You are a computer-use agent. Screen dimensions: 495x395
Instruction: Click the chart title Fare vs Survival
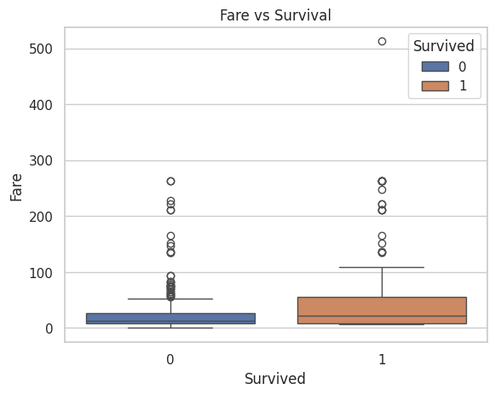275,15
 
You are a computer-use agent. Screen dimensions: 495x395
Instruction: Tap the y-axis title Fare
16,188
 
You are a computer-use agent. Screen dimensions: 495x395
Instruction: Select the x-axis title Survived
275,378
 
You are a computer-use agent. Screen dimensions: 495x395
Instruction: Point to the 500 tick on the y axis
41,49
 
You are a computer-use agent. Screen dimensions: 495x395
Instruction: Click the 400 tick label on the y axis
41,105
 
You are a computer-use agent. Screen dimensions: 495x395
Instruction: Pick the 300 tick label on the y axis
41,161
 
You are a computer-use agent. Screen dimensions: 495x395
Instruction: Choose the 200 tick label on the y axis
41,217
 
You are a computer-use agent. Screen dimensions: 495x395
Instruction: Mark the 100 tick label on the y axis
41,273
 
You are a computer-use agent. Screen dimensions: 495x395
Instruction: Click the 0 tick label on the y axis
49,328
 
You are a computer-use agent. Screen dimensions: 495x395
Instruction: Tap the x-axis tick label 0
170,359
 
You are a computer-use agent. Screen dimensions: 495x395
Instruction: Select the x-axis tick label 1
382,359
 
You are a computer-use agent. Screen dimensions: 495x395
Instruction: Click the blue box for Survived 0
170,318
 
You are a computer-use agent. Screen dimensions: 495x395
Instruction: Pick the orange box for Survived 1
382,311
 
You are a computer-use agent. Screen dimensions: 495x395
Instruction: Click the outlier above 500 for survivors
382,42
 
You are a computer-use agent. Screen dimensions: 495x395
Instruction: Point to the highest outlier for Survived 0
170,181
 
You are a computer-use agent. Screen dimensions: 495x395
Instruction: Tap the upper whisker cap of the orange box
382,267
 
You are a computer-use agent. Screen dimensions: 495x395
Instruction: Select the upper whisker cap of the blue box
170,299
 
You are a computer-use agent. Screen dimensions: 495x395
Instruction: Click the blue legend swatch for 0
435,67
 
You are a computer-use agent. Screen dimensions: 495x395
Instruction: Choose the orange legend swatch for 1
435,86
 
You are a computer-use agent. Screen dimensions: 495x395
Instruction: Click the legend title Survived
444,46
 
